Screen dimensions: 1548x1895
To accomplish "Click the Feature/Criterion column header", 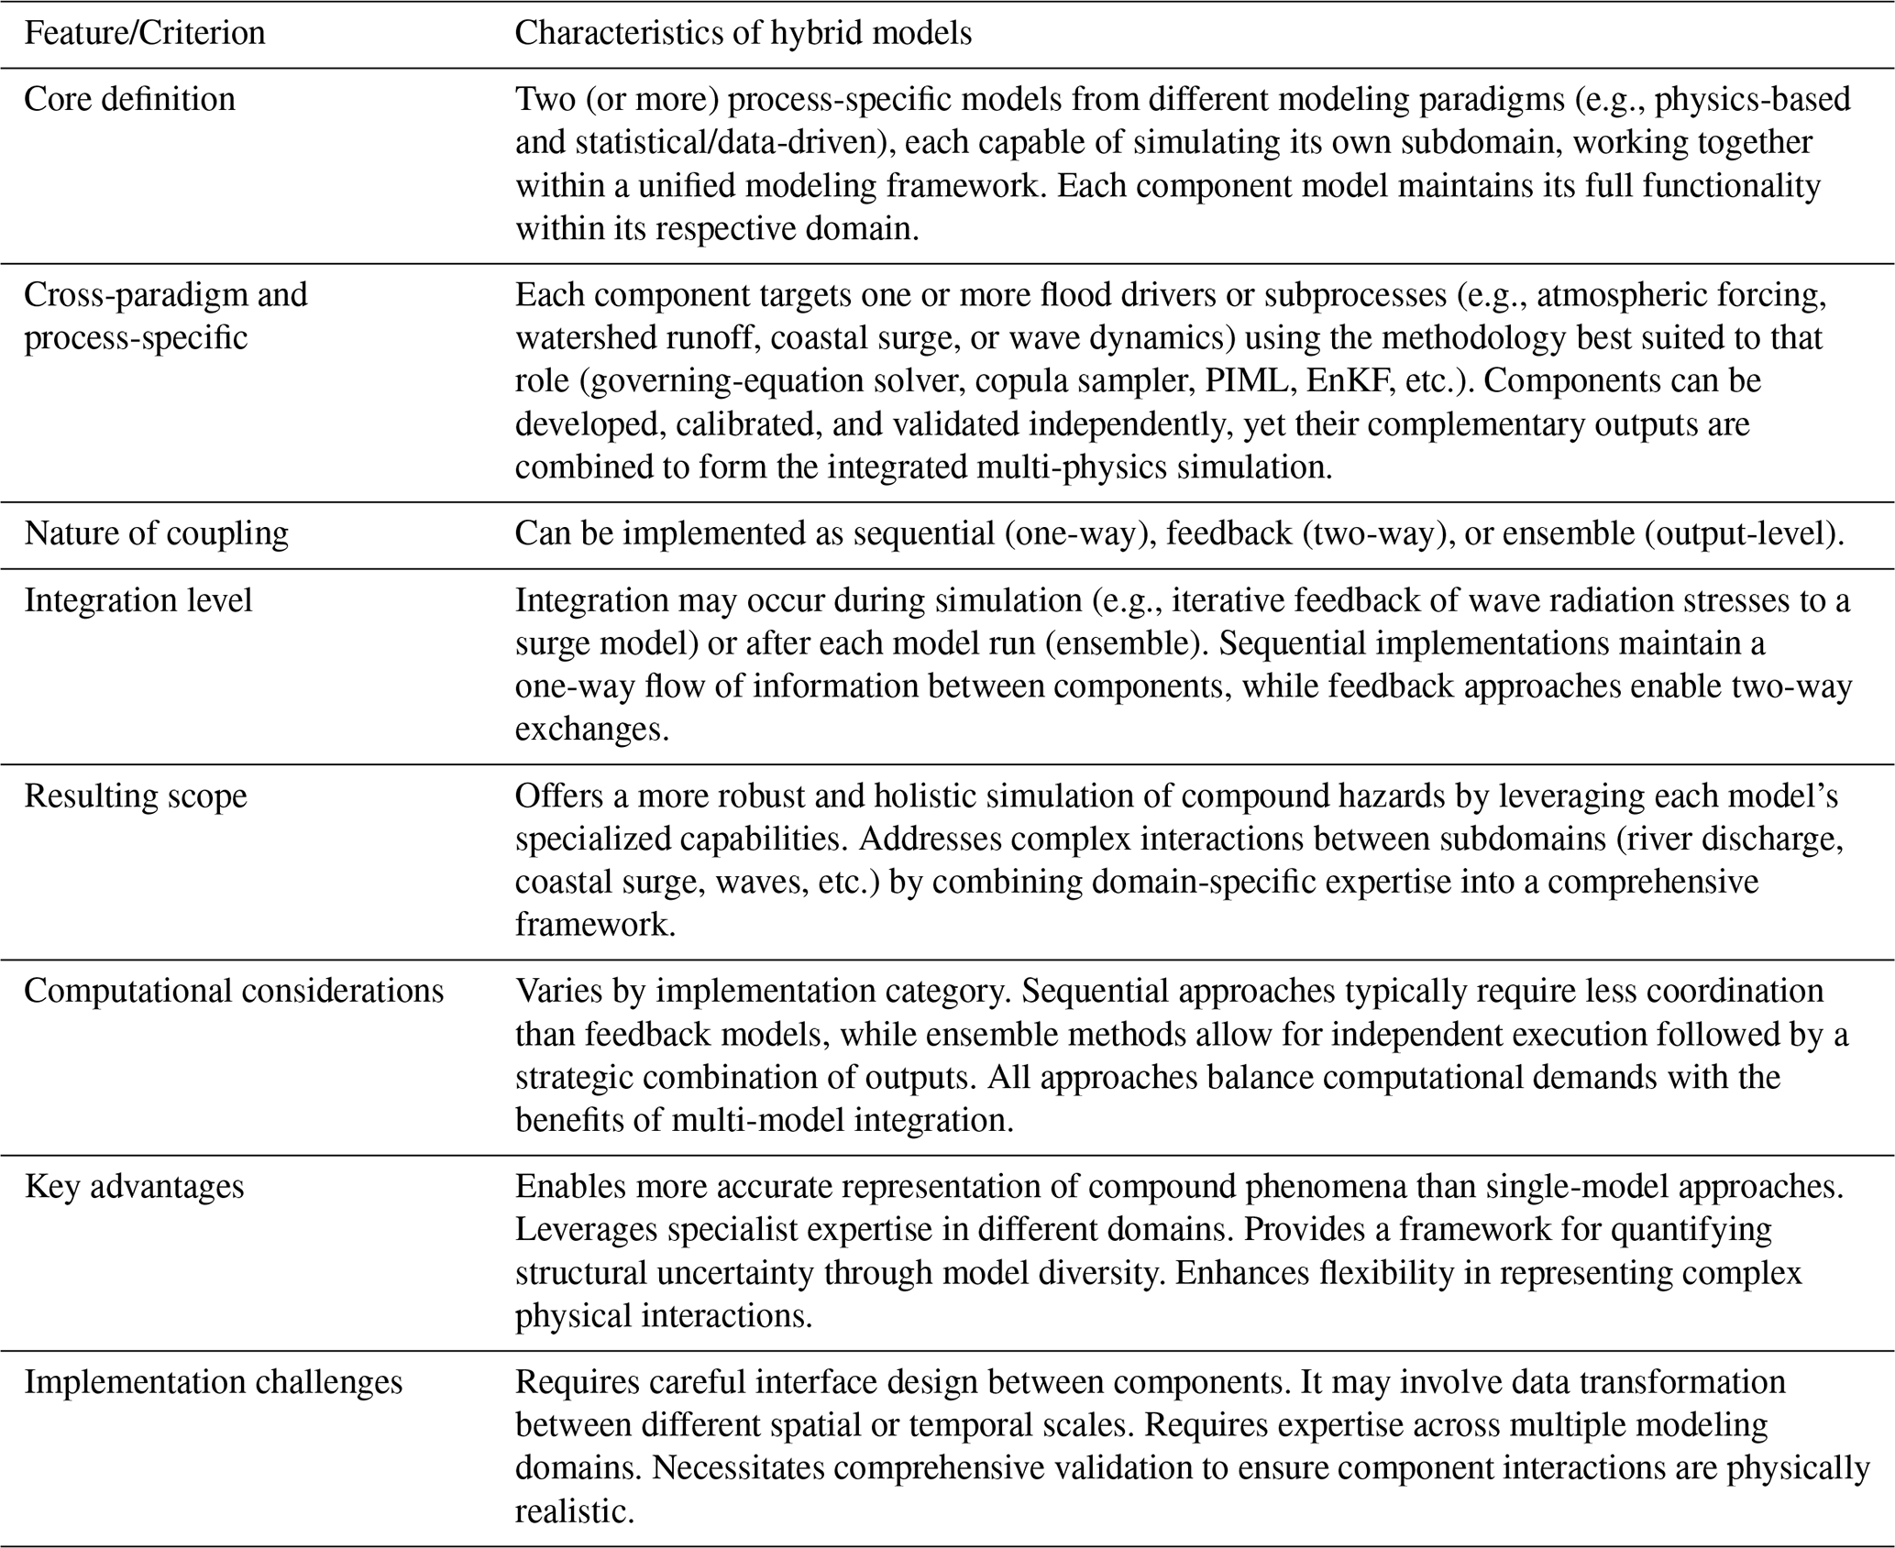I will [x=144, y=34].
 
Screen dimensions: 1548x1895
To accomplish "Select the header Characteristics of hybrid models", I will [x=743, y=34].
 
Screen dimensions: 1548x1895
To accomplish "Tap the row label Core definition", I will [x=129, y=99].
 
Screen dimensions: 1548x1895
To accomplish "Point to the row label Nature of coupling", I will [x=156, y=533].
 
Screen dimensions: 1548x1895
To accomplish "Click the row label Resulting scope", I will [x=136, y=796].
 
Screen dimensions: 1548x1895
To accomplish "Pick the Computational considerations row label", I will [x=234, y=991].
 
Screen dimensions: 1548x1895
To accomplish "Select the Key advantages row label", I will [x=134, y=1187].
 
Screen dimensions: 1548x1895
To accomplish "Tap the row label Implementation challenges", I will [x=213, y=1382].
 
